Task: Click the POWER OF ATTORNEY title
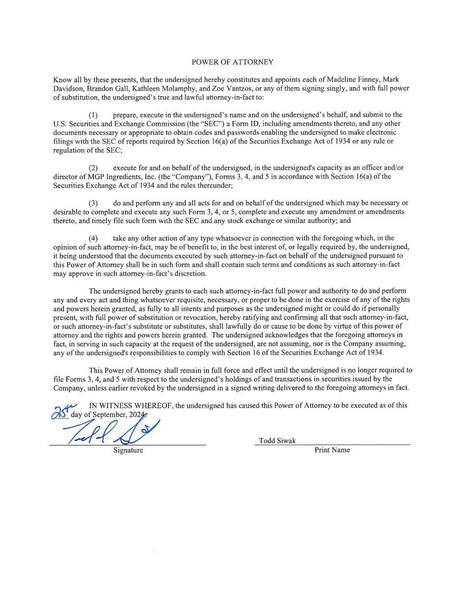pyautogui.click(x=232, y=62)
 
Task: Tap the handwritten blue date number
pyautogui.click(x=61, y=412)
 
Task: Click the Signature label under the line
pyautogui.click(x=128, y=450)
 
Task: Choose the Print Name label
pyautogui.click(x=332, y=450)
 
